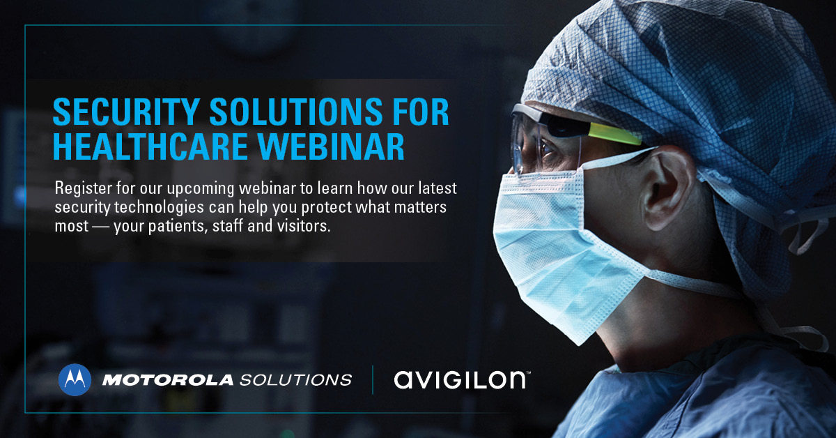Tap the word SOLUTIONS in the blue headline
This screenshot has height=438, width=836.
(296, 112)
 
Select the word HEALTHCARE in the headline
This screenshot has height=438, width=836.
(150, 146)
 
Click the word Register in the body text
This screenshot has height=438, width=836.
(83, 189)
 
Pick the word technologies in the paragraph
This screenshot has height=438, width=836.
(160, 207)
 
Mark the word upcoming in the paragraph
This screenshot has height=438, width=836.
(201, 189)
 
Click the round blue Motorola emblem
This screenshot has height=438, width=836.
(75, 379)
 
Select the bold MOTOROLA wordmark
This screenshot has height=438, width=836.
(168, 380)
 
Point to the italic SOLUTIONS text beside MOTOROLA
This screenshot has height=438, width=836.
(295, 380)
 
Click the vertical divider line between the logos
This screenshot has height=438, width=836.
(373, 379)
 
